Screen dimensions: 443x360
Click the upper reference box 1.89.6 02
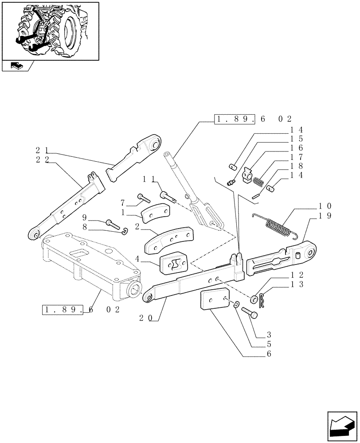point(252,119)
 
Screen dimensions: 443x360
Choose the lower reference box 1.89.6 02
point(81,309)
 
